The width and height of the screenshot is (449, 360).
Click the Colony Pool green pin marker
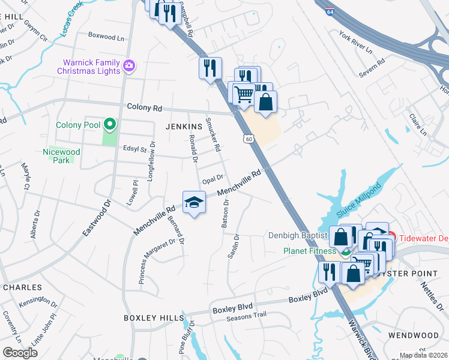click(109, 125)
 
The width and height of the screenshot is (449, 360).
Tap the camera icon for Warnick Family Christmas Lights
click(128, 65)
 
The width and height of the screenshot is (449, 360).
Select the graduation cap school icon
click(194, 203)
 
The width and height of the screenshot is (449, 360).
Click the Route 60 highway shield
click(249, 139)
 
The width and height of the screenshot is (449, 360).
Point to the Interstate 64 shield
click(330, 11)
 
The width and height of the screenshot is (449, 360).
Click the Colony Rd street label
click(145, 108)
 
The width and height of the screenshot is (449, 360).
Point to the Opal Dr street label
click(212, 179)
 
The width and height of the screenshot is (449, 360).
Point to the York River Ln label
click(355, 41)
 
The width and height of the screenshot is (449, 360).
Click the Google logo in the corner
click(20, 353)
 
